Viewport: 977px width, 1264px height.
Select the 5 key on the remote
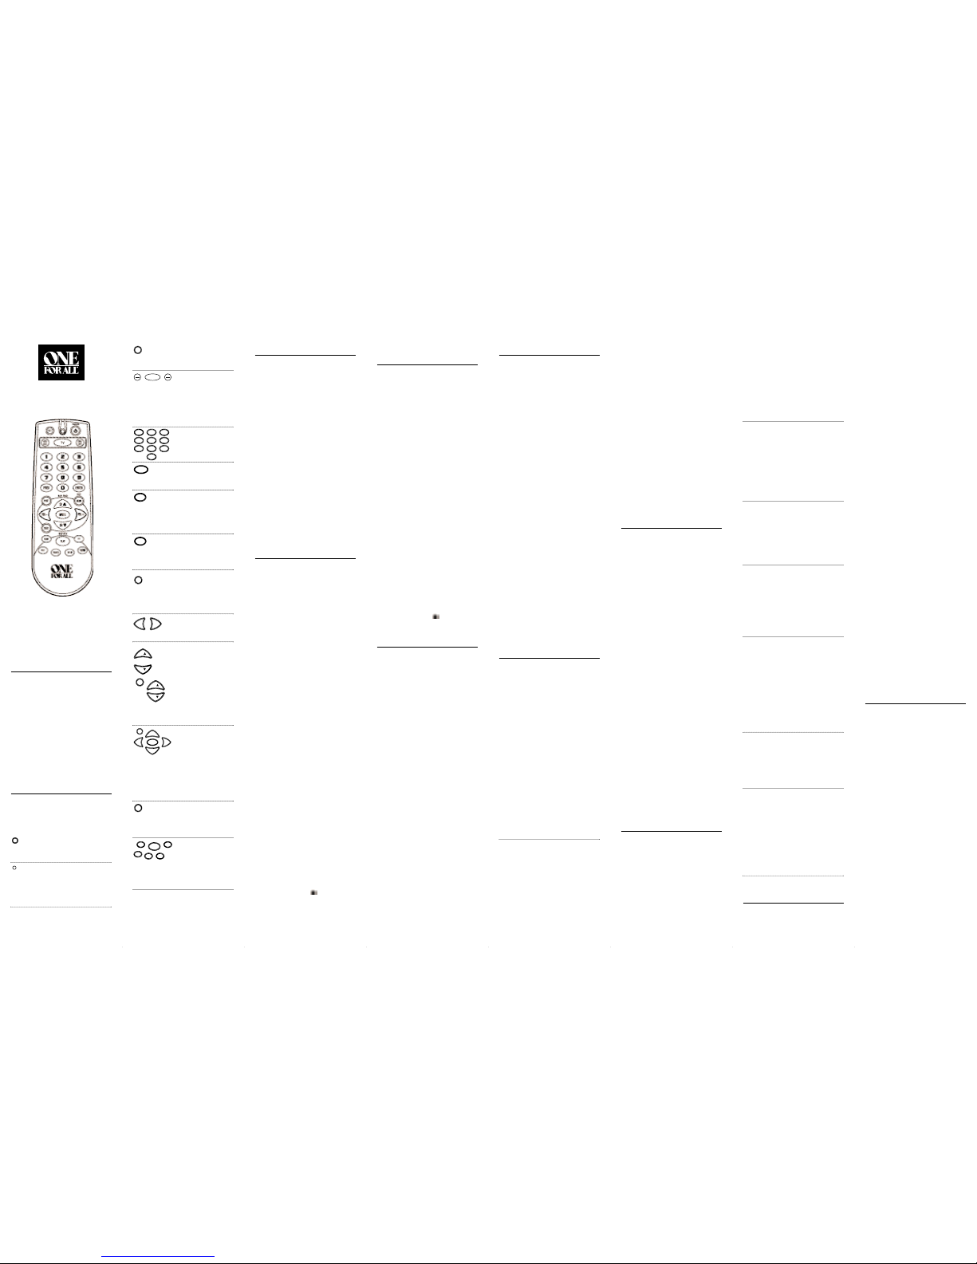[62, 467]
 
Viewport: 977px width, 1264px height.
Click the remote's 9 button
[79, 477]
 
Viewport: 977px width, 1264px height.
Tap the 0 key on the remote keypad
[62, 487]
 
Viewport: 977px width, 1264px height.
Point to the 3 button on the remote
[79, 457]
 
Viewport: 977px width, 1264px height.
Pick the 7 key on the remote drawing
[46, 477]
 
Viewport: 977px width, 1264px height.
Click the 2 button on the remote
[62, 457]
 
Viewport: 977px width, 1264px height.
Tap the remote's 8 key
[62, 477]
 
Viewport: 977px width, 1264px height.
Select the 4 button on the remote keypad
[46, 467]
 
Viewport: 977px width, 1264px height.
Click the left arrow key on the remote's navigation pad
[45, 514]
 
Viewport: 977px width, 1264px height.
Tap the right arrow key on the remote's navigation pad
[80, 514]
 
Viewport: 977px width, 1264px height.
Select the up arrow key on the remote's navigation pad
[62, 504]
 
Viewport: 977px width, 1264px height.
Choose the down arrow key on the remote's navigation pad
[62, 525]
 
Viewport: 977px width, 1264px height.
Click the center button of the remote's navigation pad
[62, 514]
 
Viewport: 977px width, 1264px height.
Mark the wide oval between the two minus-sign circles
[152, 377]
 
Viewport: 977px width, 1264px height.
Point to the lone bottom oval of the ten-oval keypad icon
[152, 457]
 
